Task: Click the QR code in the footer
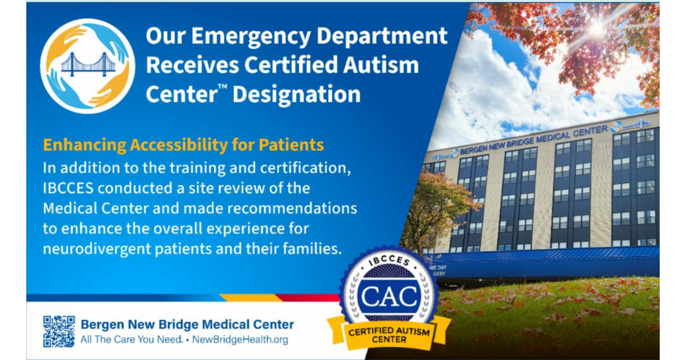tap(59, 331)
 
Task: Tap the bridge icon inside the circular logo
tap(87, 64)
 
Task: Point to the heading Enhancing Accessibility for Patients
tap(184, 145)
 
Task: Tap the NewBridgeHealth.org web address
tap(240, 340)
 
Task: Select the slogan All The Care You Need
tap(131, 340)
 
